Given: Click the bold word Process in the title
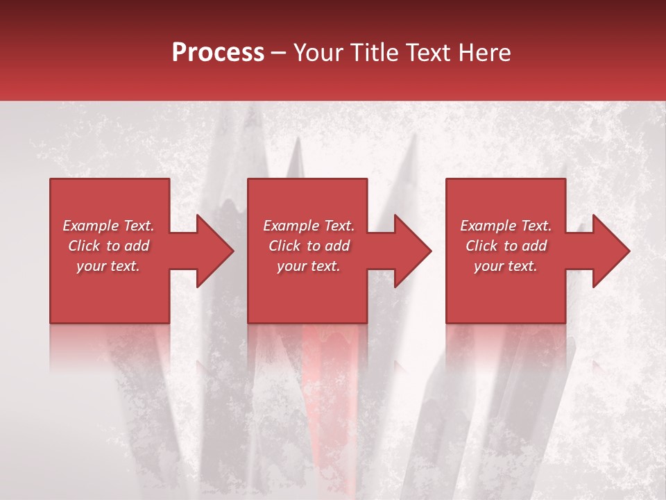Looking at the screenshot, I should [x=218, y=53].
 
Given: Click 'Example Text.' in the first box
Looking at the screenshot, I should [x=108, y=226].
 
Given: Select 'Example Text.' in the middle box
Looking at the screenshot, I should [x=308, y=226].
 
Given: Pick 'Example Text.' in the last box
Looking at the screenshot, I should [x=506, y=226].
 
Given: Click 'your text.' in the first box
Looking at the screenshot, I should [x=108, y=266].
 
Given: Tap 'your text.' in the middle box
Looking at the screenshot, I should [x=308, y=266].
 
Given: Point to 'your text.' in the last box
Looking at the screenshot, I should [x=506, y=266].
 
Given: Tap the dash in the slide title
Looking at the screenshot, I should [x=279, y=53].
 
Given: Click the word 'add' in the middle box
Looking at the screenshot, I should [x=337, y=246].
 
